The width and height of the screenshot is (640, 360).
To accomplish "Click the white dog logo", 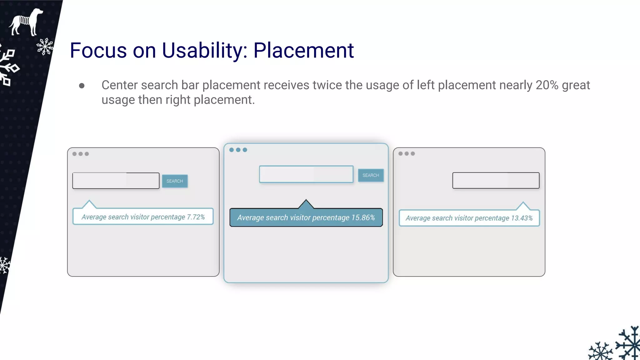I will [x=26, y=22].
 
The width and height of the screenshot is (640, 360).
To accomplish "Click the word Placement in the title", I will [x=303, y=50].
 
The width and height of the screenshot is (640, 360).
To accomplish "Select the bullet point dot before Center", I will [x=82, y=86].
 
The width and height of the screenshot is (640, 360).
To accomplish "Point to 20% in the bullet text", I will [x=547, y=85].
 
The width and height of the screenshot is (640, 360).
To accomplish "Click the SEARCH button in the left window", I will [x=175, y=181].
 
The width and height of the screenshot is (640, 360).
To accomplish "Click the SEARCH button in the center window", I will [x=371, y=175].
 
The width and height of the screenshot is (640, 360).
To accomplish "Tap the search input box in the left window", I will [x=116, y=181].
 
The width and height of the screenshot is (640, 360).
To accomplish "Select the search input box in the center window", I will [x=306, y=174].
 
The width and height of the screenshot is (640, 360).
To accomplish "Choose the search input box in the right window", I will [x=496, y=180].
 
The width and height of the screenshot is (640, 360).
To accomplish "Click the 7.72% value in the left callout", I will [x=196, y=217].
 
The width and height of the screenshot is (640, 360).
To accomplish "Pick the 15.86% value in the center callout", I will [x=363, y=217].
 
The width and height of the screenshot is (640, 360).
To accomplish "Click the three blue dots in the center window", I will [x=238, y=150].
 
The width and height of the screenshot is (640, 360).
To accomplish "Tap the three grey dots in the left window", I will [x=81, y=154].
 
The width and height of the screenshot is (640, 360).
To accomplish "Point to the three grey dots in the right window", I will [x=407, y=153].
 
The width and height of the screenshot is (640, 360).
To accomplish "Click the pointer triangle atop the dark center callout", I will [x=306, y=205].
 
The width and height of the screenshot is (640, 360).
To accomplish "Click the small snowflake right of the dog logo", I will [x=45, y=47].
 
